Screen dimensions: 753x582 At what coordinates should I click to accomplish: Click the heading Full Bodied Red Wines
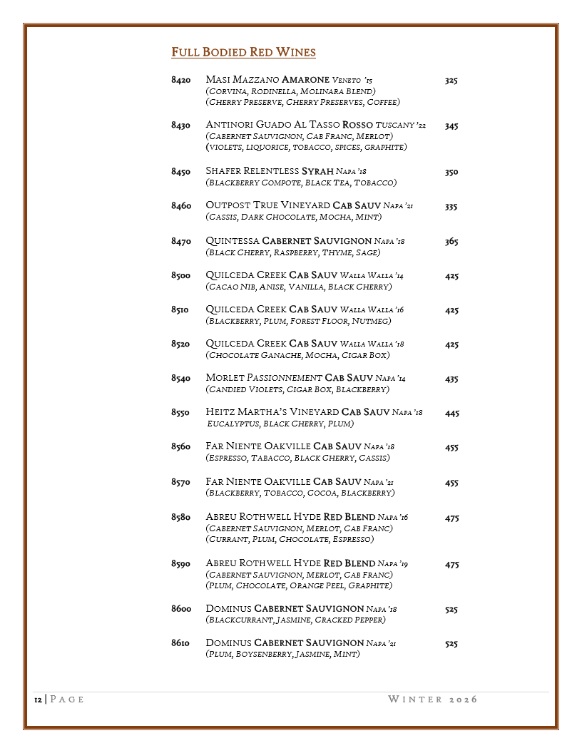243,53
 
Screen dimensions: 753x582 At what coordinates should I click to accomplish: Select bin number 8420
180,81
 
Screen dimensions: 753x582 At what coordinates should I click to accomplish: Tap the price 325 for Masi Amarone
451,81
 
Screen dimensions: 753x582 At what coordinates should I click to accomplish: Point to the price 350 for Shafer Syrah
451,172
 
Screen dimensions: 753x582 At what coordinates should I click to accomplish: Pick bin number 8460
180,206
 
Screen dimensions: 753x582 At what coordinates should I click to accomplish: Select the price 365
451,242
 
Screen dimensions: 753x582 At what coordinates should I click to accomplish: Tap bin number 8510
180,310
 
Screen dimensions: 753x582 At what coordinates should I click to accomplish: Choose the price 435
451,379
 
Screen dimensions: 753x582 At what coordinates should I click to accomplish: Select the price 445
451,413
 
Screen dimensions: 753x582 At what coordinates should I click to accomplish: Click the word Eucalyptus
233,424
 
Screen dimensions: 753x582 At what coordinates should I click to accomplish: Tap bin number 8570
180,482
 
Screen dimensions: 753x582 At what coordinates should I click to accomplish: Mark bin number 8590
180,564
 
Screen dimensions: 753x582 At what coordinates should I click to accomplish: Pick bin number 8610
180,643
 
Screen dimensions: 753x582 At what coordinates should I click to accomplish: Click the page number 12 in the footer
38,700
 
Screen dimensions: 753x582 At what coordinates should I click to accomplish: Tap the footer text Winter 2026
432,699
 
